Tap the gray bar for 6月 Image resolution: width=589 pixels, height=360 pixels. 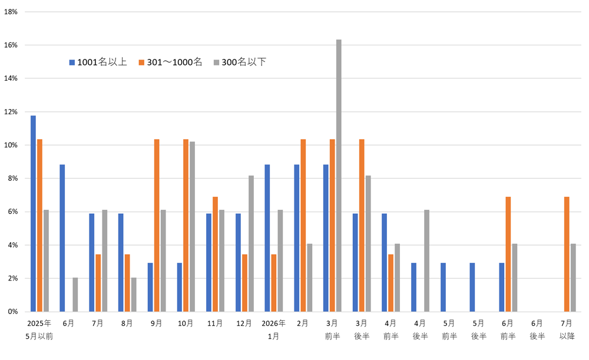point(75,295)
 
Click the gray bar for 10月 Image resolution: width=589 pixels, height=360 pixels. point(192,226)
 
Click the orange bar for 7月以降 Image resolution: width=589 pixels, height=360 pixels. point(567,254)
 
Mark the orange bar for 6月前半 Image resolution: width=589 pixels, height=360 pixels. point(508,254)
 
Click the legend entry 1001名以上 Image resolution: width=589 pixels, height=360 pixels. point(98,62)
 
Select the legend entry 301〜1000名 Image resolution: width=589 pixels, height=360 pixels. point(170,62)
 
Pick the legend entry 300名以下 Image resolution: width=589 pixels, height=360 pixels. point(240,62)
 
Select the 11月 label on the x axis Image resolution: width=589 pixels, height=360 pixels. point(215,323)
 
